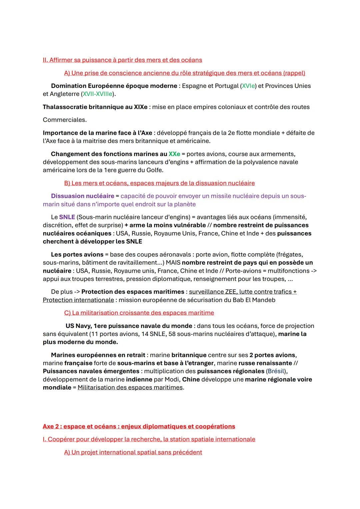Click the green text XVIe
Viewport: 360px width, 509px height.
pyautogui.click(x=248, y=86)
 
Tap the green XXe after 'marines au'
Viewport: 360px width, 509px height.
pyautogui.click(x=174, y=154)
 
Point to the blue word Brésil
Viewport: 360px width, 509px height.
pyautogui.click(x=276, y=371)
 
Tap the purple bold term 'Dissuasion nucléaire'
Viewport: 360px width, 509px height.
pyautogui.click(x=82, y=196)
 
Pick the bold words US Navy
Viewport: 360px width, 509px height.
pyautogui.click(x=79, y=326)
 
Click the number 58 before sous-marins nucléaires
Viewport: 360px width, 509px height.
pyautogui.click(x=172, y=334)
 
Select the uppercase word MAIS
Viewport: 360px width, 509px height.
pyautogui.click(x=173, y=263)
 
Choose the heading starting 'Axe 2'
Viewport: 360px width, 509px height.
pyautogui.click(x=139, y=427)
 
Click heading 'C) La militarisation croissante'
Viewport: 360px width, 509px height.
pyautogui.click(x=139, y=313)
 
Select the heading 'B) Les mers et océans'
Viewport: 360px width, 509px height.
pyautogui.click(x=159, y=183)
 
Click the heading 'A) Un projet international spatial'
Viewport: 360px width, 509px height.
pyautogui.click(x=133, y=452)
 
